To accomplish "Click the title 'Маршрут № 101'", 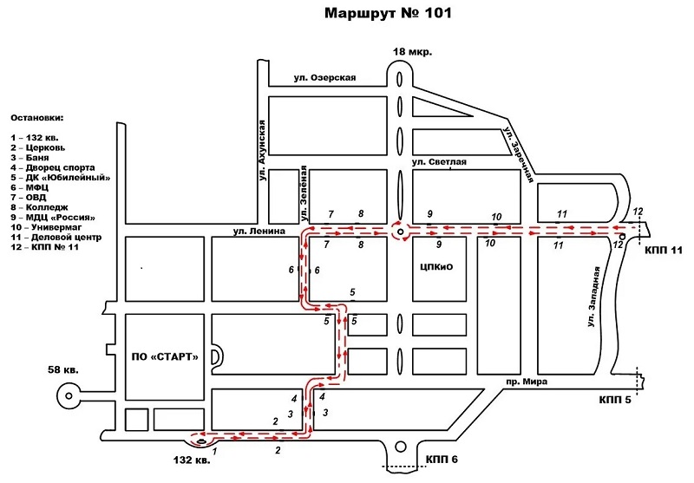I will coord(388,14).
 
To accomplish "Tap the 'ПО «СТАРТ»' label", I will coord(165,356).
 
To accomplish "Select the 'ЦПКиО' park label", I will coord(435,267).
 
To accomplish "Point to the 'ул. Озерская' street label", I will coord(324,78).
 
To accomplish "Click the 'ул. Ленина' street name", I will coord(259,232).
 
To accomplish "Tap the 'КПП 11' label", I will coord(665,250).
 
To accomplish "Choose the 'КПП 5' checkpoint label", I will coord(616,400).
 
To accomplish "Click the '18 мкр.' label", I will coord(412,52).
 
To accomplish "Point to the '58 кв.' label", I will coord(62,371).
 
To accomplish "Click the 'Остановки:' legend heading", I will coord(37,117).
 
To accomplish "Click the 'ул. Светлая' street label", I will coord(439,162).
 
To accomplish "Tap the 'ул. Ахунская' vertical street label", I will coord(261,149).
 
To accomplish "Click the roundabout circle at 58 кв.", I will coord(67,395).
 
